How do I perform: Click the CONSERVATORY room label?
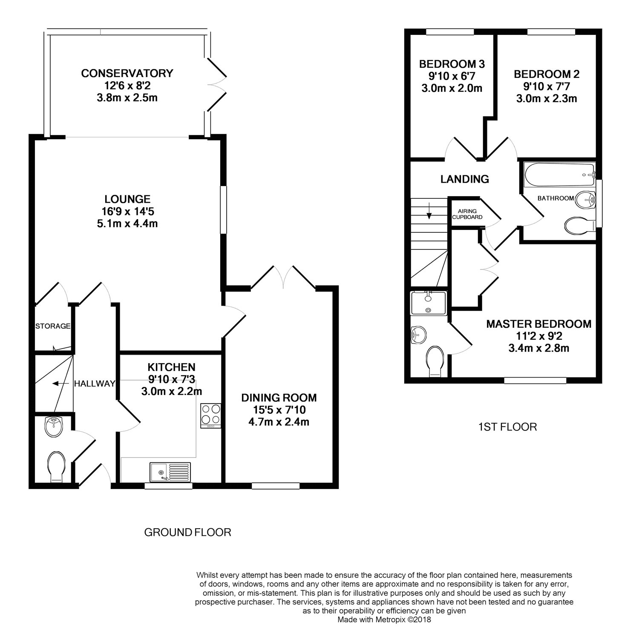pyautogui.click(x=127, y=73)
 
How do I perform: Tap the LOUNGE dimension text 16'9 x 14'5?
pyautogui.click(x=127, y=211)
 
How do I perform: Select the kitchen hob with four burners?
pyautogui.click(x=211, y=415)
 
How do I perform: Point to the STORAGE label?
pyautogui.click(x=53, y=326)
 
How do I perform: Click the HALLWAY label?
pyautogui.click(x=95, y=384)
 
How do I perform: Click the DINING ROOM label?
pyautogui.click(x=279, y=398)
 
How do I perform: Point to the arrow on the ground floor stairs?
pyautogui.click(x=60, y=384)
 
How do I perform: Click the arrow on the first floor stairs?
pyautogui.click(x=429, y=211)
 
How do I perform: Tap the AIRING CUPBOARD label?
pyautogui.click(x=467, y=214)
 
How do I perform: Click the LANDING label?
pyautogui.click(x=465, y=179)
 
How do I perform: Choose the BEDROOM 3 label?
pyautogui.click(x=452, y=64)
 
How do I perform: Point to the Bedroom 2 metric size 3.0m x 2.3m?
pyautogui.click(x=547, y=99)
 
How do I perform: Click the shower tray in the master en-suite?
pyautogui.click(x=429, y=303)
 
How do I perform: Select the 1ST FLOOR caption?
pyautogui.click(x=507, y=427)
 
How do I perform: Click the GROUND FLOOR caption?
pyautogui.click(x=188, y=532)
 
